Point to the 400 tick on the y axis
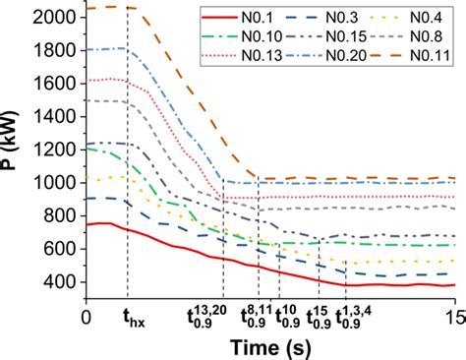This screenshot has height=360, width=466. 63,282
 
